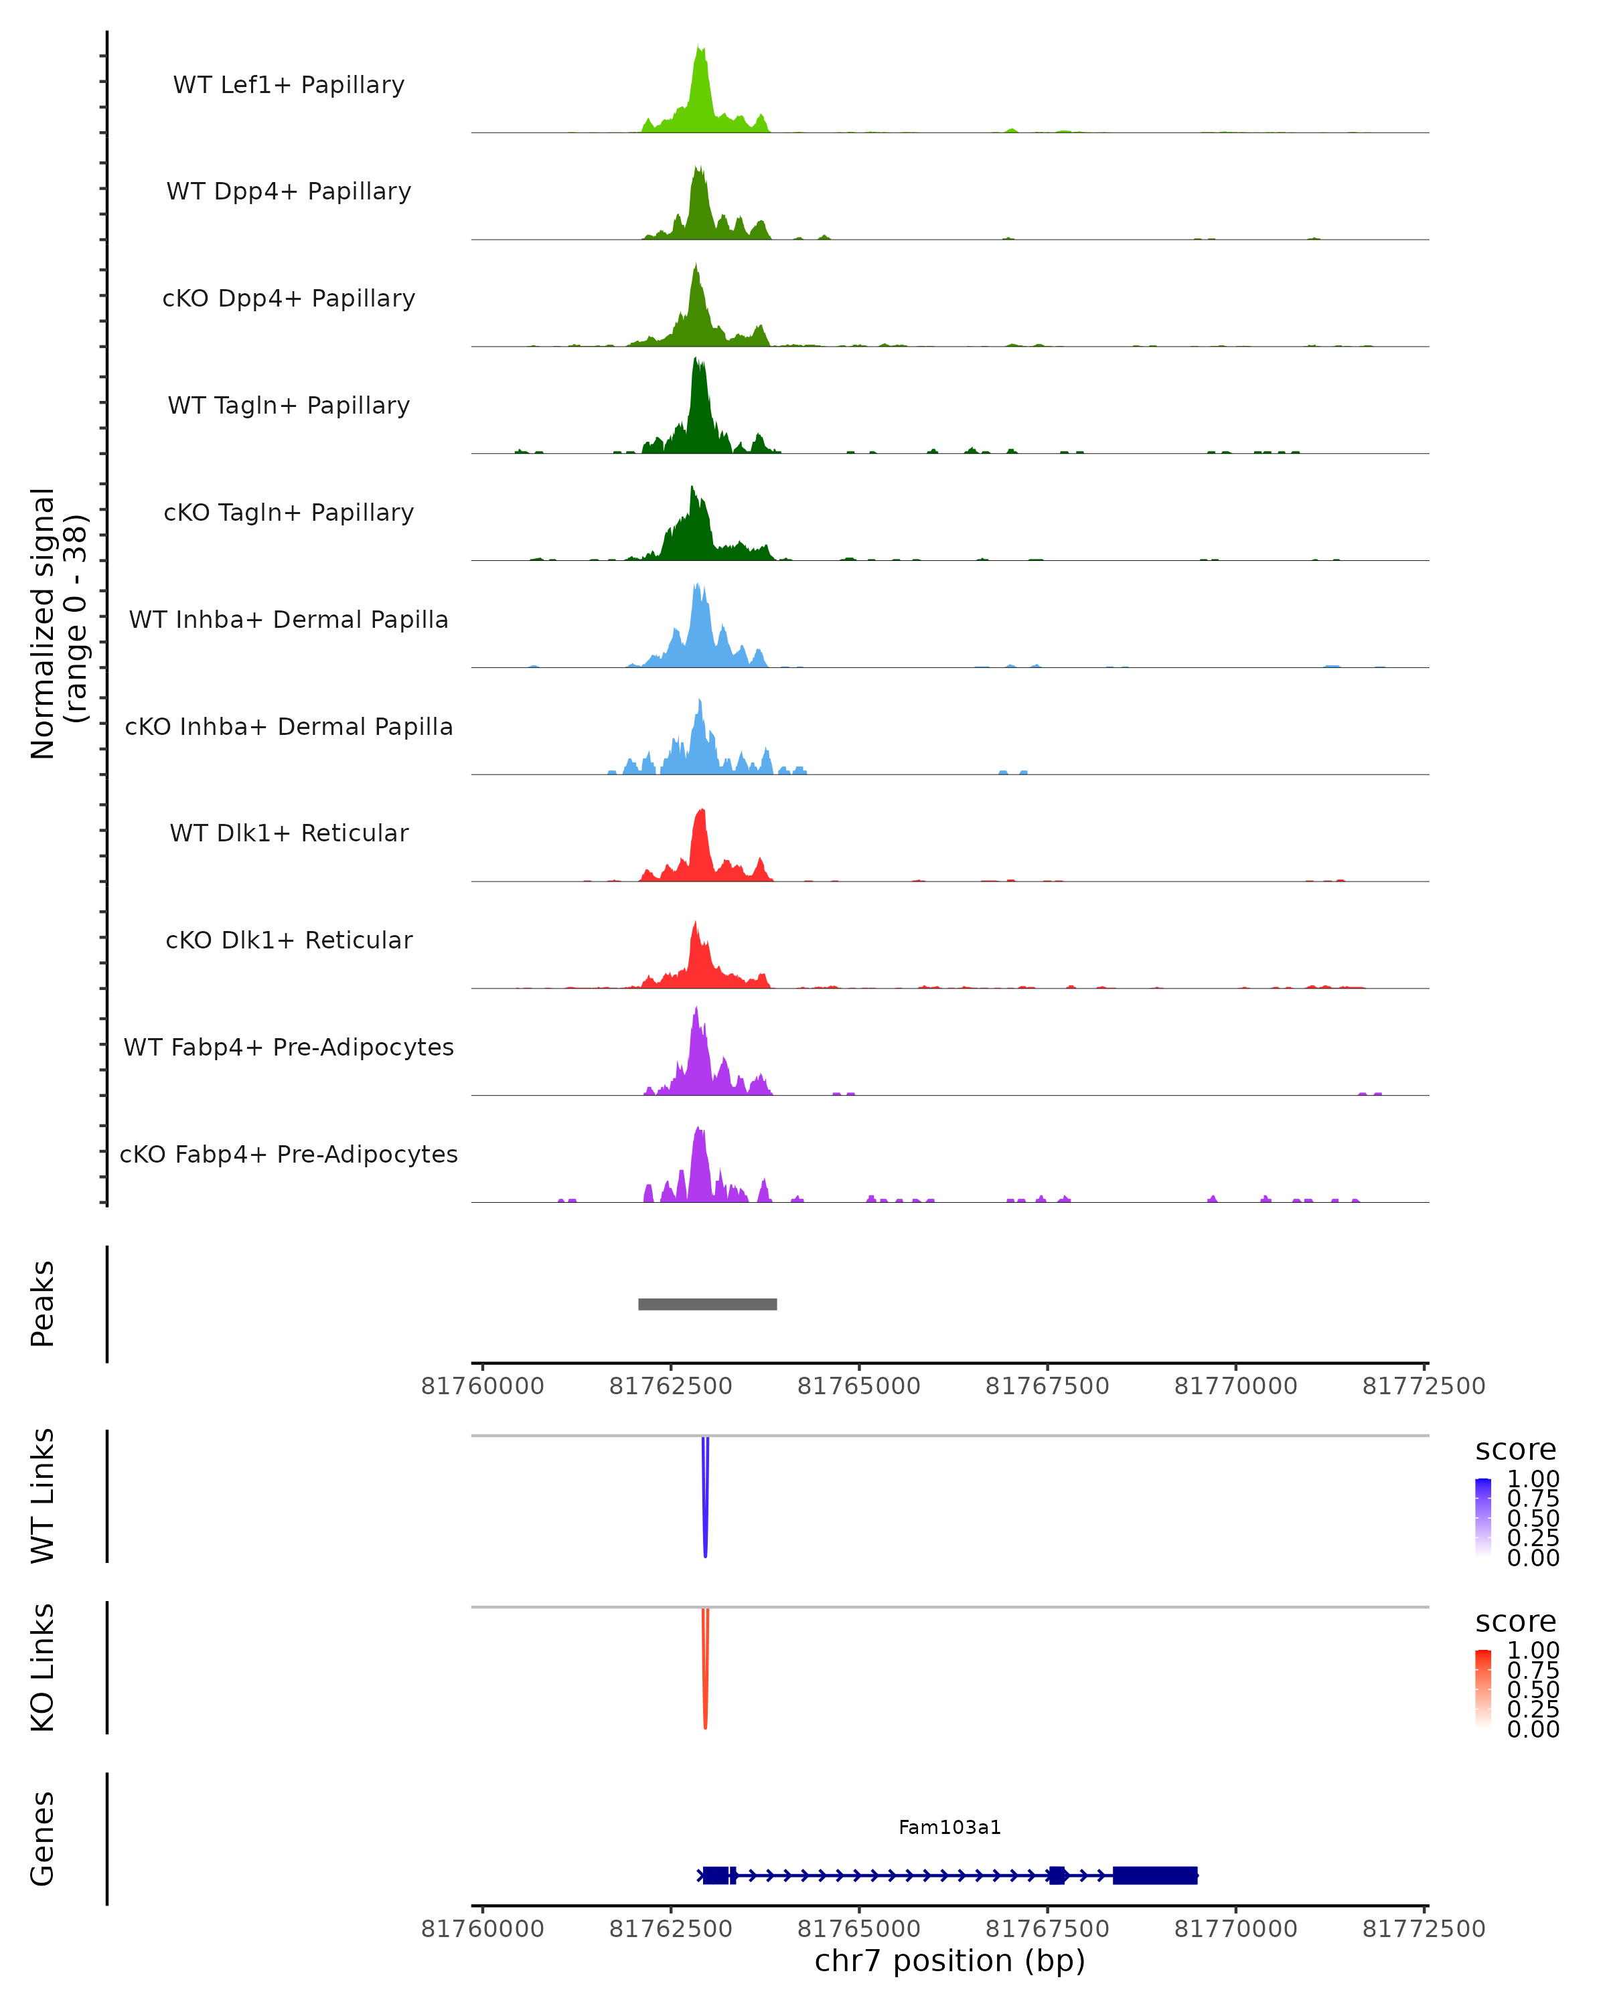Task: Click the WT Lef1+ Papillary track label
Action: [289, 85]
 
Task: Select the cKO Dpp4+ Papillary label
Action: [289, 298]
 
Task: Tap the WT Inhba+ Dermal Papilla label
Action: [289, 619]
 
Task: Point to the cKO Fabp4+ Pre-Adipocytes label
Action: [289, 1154]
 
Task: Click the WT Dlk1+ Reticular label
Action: [289, 833]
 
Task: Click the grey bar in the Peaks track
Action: [707, 1304]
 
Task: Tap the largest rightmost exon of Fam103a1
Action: [1154, 1875]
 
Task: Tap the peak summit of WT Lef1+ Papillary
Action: [700, 48]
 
